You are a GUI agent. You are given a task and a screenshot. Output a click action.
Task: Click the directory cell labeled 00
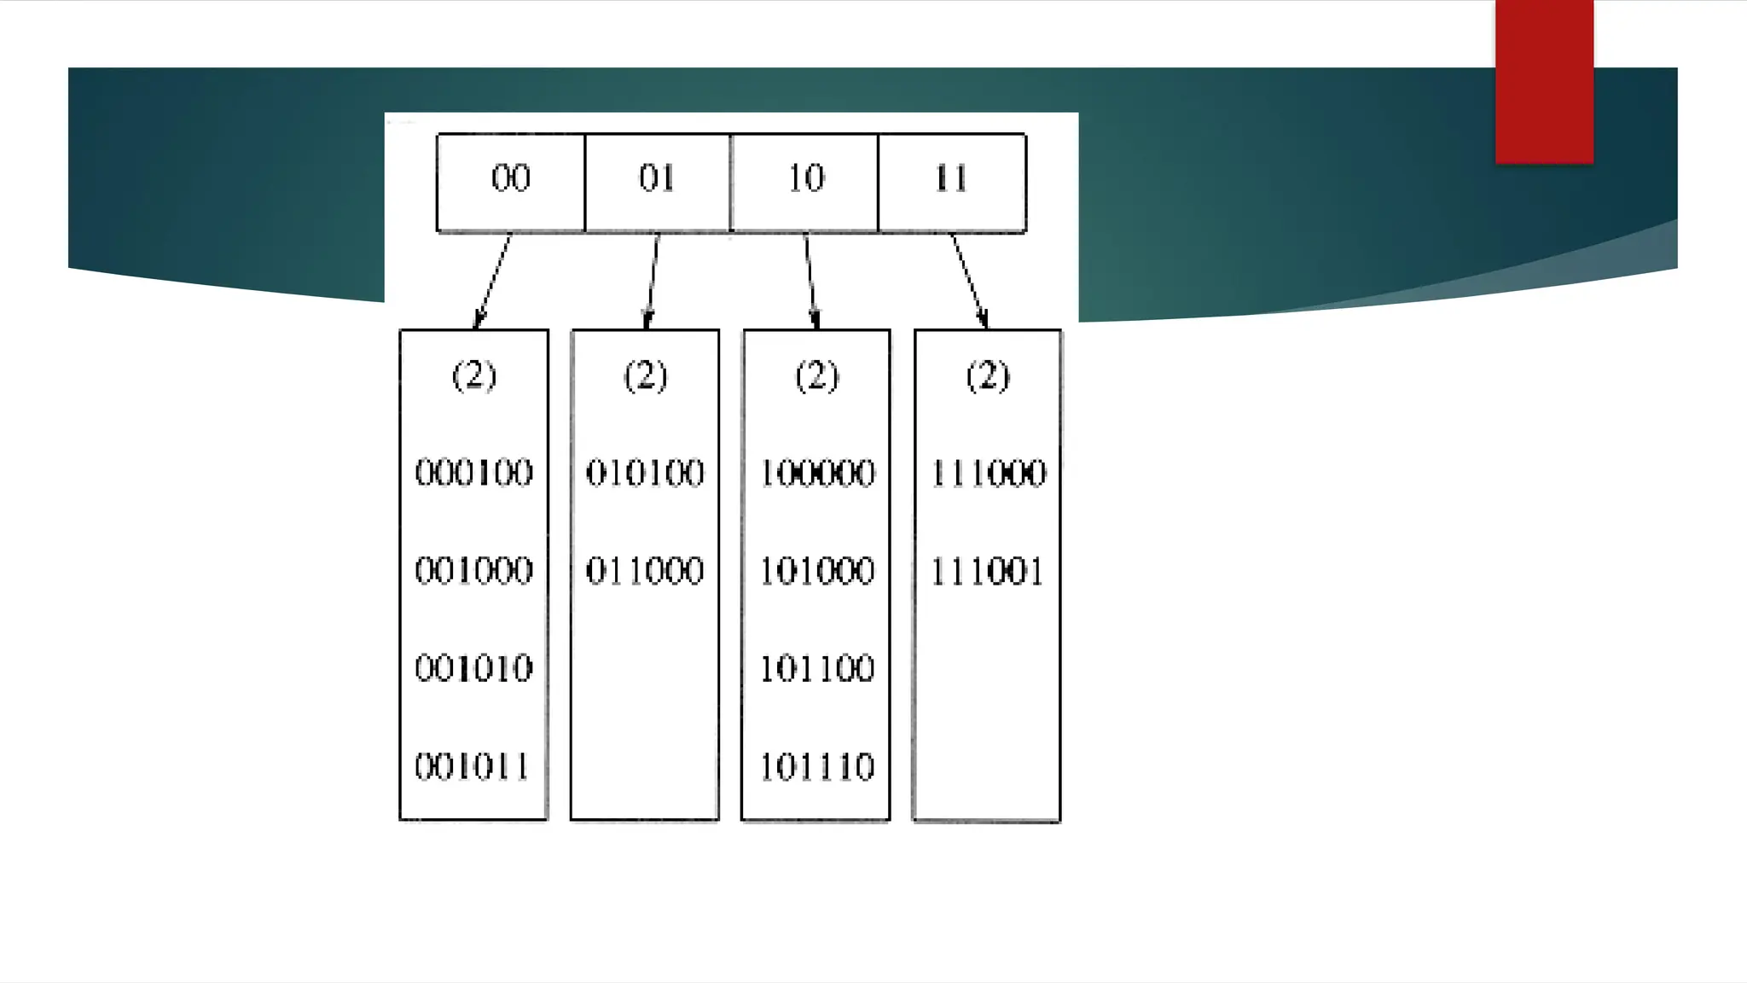coord(510,182)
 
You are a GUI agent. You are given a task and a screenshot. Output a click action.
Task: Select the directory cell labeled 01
coord(657,182)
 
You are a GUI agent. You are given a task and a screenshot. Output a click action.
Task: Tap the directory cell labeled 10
coord(804,182)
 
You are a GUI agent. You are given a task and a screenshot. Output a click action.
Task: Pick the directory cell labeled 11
coord(951,182)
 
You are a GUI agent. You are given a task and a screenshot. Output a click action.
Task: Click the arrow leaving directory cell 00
coord(493,281)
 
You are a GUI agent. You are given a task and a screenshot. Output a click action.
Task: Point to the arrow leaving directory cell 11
coord(969,281)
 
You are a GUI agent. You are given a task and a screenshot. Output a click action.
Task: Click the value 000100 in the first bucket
coord(473,473)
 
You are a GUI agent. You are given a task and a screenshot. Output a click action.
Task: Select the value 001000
coord(473,571)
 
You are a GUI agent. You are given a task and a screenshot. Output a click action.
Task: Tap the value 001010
coord(473,668)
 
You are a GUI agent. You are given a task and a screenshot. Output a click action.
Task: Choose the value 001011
coord(472,766)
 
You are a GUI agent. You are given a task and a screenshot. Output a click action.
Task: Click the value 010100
coord(645,473)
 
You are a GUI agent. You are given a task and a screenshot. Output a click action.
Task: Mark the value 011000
coord(645,571)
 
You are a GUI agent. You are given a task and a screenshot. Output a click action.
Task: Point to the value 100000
coord(817,473)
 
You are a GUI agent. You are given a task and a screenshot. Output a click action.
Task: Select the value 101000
coord(817,571)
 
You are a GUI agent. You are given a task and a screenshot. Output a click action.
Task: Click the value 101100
coord(817,668)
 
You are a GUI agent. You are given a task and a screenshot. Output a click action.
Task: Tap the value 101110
coord(817,766)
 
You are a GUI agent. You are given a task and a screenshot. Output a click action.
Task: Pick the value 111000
coord(988,473)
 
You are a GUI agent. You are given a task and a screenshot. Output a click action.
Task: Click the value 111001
coord(987,571)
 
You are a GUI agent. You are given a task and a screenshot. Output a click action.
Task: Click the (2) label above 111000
coord(988,375)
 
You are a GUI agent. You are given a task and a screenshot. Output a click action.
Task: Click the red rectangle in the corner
coord(1544,81)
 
